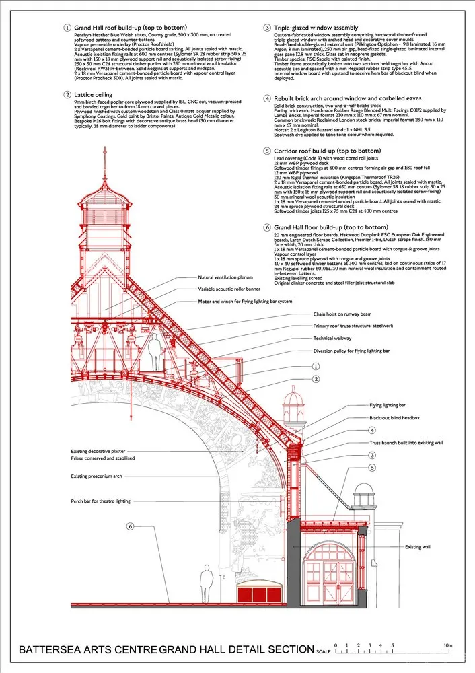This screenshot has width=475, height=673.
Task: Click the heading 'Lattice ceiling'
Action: coord(95,95)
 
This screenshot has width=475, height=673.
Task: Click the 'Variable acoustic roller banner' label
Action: coord(229,289)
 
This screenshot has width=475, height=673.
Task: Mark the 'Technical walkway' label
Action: coord(332,338)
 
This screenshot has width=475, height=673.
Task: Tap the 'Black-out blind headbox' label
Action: coord(394,418)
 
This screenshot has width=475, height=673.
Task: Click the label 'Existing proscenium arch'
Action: coord(98,476)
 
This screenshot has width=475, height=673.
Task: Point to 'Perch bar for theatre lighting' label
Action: coord(101,501)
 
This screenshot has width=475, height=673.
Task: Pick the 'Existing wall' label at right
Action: coord(418,547)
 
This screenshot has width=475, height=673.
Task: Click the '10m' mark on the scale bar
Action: coord(448,645)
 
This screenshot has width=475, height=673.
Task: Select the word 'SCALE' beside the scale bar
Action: coord(323,651)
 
